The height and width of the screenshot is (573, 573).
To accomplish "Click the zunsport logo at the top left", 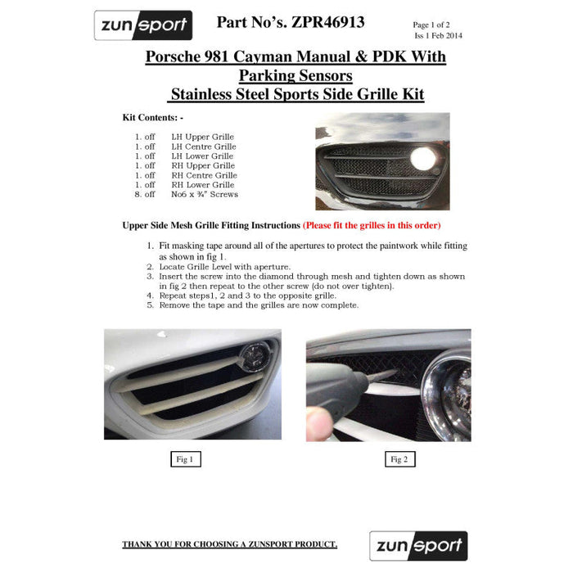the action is coord(143,25).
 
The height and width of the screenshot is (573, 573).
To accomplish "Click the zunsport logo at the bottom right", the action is coord(418,546).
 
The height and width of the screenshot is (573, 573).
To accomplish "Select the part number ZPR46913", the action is coord(327,22).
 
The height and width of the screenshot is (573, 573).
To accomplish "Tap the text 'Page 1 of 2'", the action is coord(431,25).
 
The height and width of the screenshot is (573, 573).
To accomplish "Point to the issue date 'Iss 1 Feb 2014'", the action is coord(438,35).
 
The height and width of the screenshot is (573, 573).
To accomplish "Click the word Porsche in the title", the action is coord(173,56).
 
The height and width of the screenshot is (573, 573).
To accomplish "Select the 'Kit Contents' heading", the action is coord(153,118).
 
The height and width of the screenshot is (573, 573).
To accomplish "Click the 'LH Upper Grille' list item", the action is coord(202,137).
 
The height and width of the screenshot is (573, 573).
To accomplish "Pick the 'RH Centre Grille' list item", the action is coord(205,175).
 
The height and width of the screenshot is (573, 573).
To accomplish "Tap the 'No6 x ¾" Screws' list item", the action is coord(205,195).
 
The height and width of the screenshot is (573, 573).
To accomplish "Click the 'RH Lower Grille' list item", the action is coord(203,185).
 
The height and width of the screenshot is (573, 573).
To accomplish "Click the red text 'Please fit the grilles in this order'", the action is coord(372,225).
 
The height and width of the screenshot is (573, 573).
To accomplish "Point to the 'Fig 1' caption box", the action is coord(186,459).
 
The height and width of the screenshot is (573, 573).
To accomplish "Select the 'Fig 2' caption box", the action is coord(400,459).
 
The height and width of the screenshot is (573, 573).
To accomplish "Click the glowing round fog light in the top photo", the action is coord(423,159).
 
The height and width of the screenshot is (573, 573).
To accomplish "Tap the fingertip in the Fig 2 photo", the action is coord(319,424).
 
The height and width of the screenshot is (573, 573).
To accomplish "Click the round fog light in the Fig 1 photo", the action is coord(255,357).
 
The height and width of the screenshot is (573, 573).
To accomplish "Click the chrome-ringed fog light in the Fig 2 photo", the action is coord(449,395).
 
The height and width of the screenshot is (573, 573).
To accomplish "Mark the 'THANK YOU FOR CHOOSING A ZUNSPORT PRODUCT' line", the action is coord(229,544).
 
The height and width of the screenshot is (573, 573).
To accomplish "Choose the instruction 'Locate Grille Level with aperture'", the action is coord(225,267).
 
